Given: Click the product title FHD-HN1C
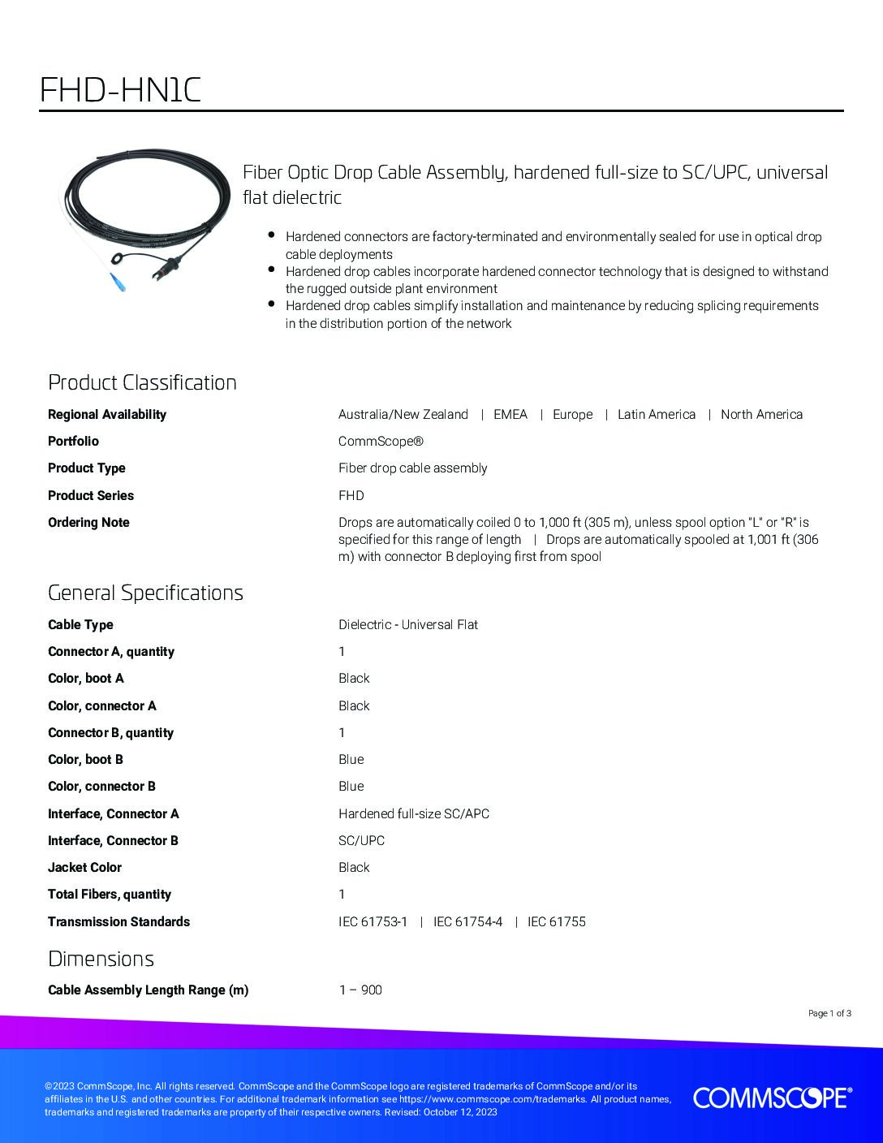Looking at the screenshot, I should point(120,90).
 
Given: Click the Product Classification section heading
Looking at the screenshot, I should point(142,382).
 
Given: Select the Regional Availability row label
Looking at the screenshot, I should point(106,414).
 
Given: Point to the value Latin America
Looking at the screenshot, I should point(656,414).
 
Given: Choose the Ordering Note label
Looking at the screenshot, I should point(88,522).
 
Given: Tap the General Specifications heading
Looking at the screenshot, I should point(145,593).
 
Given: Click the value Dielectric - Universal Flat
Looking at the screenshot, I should point(407,624).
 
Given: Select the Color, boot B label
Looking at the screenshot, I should point(85,759).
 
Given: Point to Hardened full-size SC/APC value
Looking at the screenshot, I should point(413,813).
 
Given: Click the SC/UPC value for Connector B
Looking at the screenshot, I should point(361,840).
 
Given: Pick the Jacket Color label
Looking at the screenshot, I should point(84,867).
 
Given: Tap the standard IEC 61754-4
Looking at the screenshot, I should point(467,921).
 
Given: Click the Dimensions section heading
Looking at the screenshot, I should point(101,959).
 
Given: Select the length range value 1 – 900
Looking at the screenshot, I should point(360,990).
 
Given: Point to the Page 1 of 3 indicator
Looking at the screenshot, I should point(829,1013).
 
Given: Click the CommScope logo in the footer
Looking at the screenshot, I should point(772,1098).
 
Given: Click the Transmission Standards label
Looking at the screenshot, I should point(118,921).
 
